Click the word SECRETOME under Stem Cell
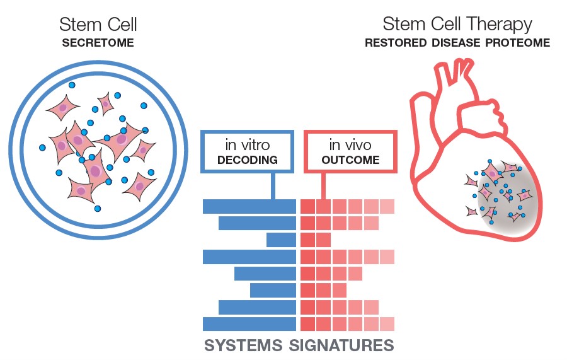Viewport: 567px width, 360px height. pos(98,44)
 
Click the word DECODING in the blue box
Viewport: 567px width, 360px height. pos(247,160)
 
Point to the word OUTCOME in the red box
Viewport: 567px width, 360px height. pos(350,160)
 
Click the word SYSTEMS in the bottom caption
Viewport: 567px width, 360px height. pos(243,345)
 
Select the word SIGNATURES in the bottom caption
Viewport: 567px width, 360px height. pos(341,345)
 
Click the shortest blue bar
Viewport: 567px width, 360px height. pos(282,240)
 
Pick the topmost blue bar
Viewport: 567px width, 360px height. pos(249,206)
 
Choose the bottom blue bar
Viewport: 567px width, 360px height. pos(249,324)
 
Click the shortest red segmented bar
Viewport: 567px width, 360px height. pos(316,240)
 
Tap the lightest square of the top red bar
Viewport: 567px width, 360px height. pos(387,206)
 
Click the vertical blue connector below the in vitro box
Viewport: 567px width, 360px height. pos(273,185)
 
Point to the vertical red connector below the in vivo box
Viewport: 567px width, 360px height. pos(323,185)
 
